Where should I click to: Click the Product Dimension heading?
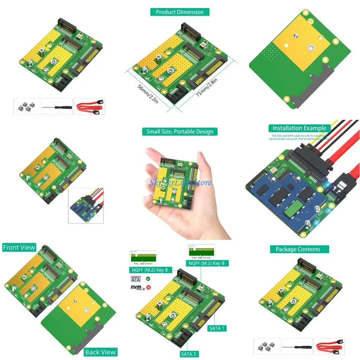[x=180, y=12]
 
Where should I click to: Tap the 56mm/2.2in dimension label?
[x=148, y=94]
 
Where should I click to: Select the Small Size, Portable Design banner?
[x=180, y=131]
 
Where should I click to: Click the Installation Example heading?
[x=300, y=128]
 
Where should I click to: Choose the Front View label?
[x=19, y=247]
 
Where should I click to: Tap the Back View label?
[x=100, y=352]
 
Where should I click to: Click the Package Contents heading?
[x=298, y=249]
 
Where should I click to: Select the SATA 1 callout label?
[x=217, y=328]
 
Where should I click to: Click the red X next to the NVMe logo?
[x=148, y=287]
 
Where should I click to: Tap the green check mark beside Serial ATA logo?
[x=148, y=278]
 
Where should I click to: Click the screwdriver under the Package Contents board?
[x=296, y=346]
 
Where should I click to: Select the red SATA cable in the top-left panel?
[x=90, y=106]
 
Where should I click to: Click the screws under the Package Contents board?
[x=267, y=346]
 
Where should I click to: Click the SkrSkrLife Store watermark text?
[x=180, y=182]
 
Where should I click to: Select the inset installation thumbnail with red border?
[x=86, y=206]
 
